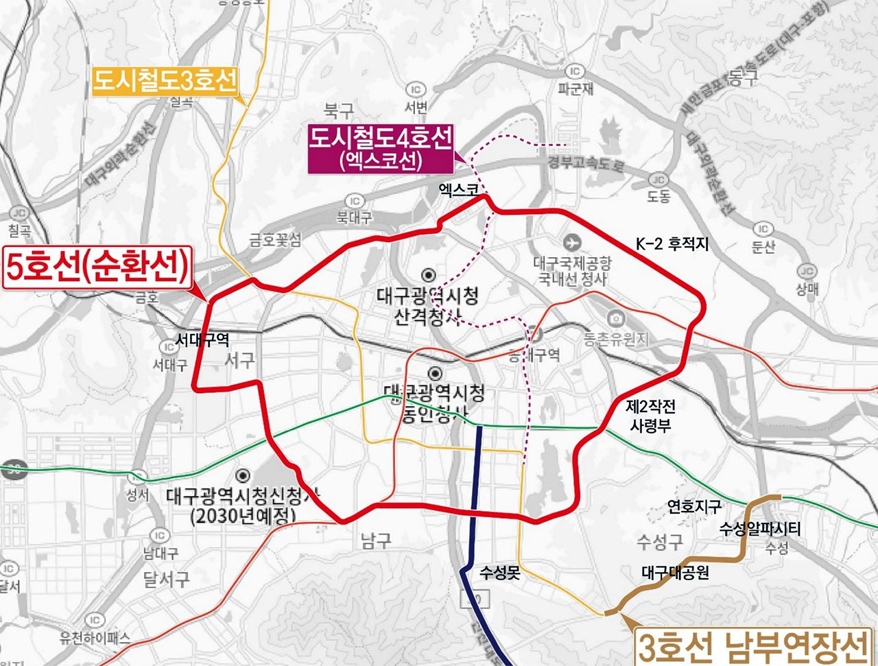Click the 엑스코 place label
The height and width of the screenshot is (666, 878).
click(x=459, y=189)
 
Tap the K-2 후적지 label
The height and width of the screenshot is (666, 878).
click(x=672, y=243)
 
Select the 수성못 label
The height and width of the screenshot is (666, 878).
click(x=500, y=573)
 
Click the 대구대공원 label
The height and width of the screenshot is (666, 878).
click(x=675, y=572)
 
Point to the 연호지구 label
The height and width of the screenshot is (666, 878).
click(x=694, y=507)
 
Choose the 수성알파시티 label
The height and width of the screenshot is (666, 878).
click(x=759, y=529)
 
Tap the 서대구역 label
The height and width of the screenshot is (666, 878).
click(x=202, y=340)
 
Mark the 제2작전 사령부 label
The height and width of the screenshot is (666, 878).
click(x=650, y=416)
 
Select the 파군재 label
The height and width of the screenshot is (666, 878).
click(x=575, y=89)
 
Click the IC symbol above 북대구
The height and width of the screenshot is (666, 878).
click(x=354, y=201)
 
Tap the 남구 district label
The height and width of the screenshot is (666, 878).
click(x=376, y=541)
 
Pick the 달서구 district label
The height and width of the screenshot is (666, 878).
click(x=166, y=580)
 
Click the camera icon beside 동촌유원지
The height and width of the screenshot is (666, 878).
click(x=615, y=318)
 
